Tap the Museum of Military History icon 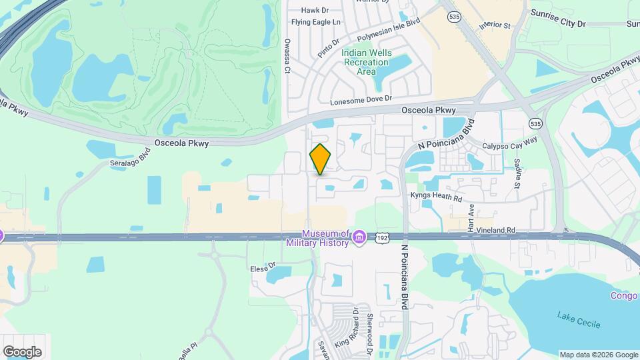[359, 237]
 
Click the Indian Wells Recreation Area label [365, 62]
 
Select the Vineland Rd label [501, 230]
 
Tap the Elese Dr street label [263, 267]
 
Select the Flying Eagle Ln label [320, 22]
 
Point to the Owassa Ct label [287, 55]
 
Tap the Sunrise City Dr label [557, 18]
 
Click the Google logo [22, 351]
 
